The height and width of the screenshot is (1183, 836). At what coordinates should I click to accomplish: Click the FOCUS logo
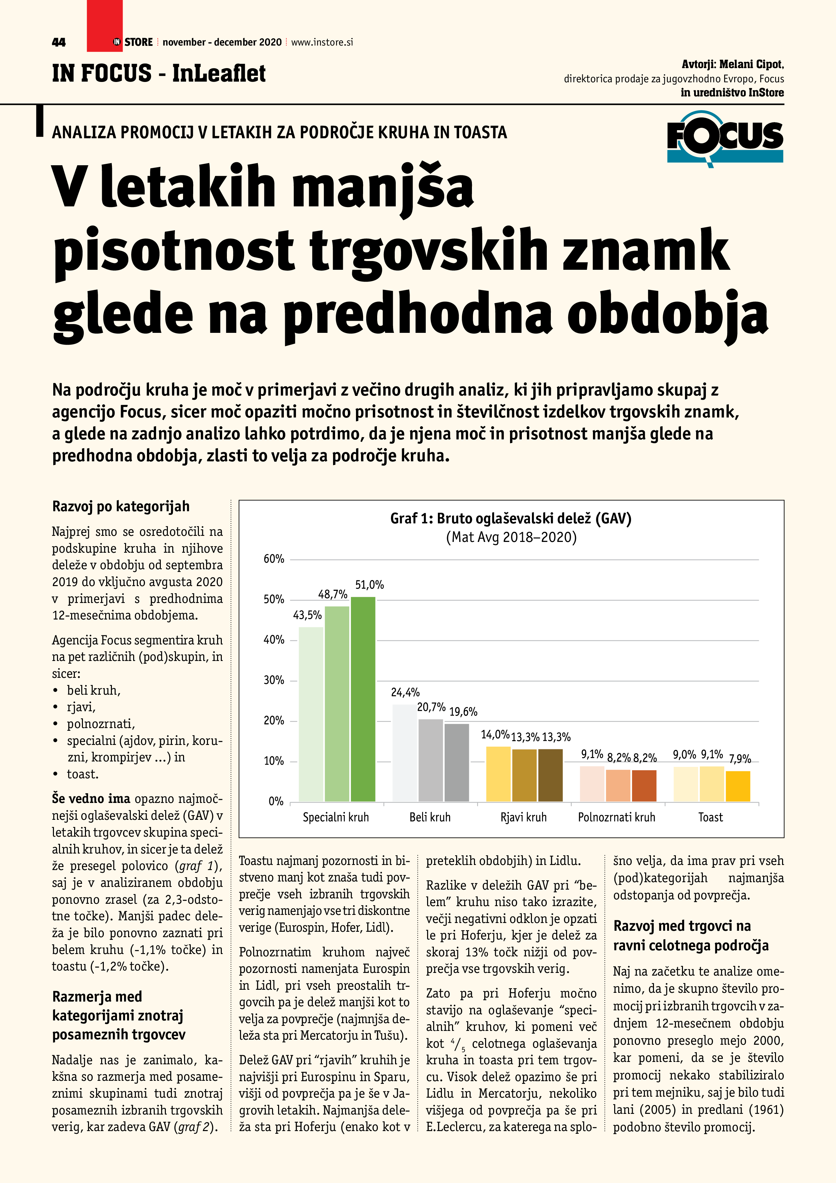tap(725, 138)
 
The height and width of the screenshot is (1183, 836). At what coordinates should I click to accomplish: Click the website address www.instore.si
tap(322, 42)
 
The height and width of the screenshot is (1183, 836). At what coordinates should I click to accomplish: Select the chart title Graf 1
tap(510, 518)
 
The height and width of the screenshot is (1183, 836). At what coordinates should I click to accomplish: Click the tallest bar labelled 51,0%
tap(363, 699)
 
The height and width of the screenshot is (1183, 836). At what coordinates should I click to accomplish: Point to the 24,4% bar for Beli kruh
tap(405, 753)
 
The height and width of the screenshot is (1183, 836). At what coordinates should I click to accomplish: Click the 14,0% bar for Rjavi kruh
tap(498, 774)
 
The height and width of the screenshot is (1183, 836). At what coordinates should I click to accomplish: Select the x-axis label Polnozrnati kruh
tap(617, 817)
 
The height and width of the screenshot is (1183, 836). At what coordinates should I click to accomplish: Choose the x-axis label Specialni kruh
tap(336, 817)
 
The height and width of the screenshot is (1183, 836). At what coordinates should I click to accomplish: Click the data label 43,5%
tap(307, 615)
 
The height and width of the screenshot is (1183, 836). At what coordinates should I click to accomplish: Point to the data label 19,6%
tap(463, 712)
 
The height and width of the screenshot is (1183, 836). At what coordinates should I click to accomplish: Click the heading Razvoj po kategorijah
tap(121, 507)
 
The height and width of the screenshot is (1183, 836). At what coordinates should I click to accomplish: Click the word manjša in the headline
tap(383, 186)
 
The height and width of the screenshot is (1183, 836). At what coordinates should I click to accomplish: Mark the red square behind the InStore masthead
tap(104, 26)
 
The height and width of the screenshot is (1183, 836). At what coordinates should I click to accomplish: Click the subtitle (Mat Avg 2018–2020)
tap(510, 538)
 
